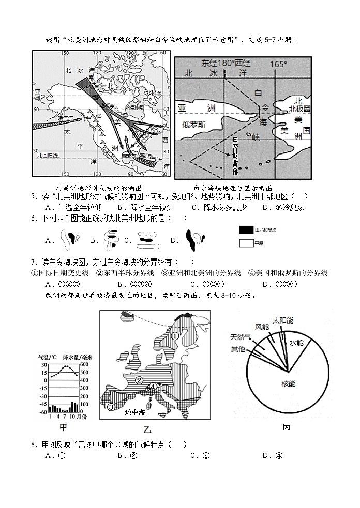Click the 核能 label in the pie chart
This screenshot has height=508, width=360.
pos(288,384)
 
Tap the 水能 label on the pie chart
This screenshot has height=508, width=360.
pos(297,343)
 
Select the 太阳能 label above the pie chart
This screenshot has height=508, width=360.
pos(282,320)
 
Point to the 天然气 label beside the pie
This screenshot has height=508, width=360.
pos(241,337)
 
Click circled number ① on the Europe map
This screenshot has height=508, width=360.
pos(175,335)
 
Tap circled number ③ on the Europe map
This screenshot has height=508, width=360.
pos(111,406)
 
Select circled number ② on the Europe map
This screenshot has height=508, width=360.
pos(139,380)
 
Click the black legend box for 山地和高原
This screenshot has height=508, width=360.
pos(246,229)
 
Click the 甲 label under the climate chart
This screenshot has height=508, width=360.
pos(63,426)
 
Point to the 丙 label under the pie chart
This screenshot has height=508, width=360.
pos(287,427)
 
